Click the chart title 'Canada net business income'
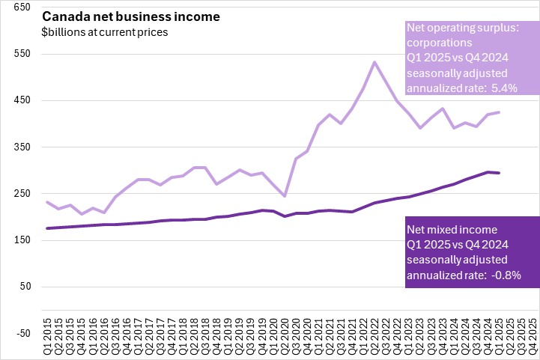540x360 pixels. (x=110, y=16)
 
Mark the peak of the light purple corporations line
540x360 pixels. (x=374, y=62)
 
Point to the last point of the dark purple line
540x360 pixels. (x=499, y=173)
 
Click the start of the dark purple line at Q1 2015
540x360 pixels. (x=48, y=228)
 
